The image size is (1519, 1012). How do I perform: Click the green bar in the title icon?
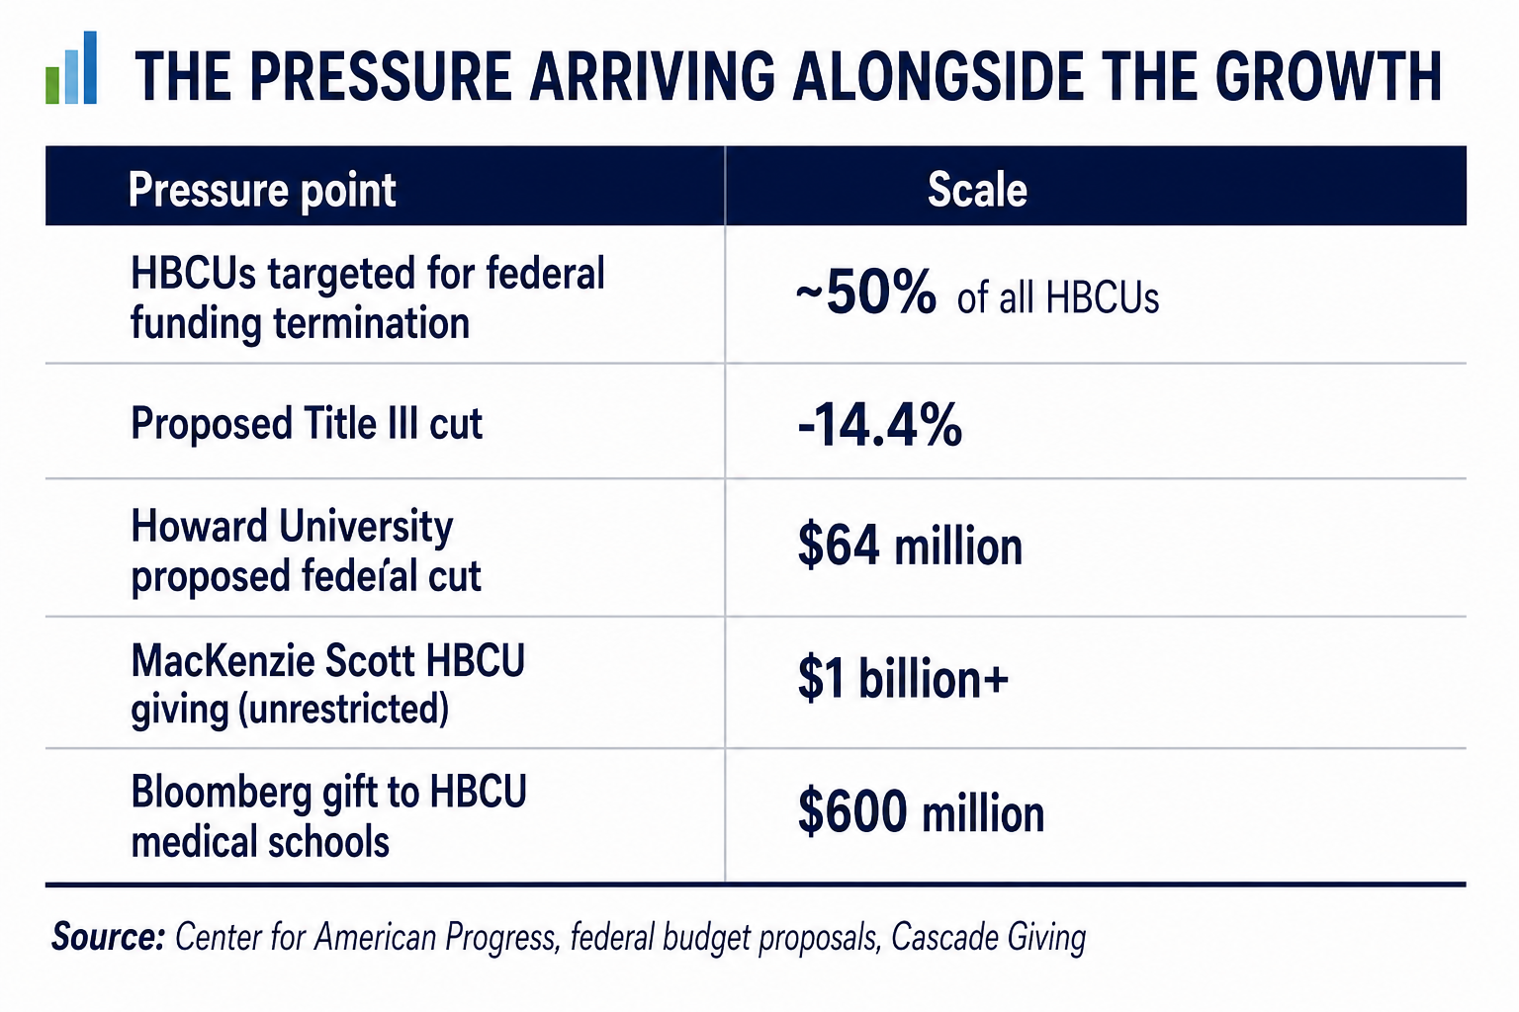[52, 85]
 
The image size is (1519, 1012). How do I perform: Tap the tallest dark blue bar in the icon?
[90, 67]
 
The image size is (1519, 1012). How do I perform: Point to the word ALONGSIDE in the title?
[938, 76]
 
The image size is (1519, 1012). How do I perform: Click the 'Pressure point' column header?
[262, 190]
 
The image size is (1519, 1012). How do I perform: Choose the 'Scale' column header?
[976, 190]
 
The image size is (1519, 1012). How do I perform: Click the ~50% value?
[865, 293]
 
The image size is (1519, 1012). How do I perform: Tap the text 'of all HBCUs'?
[1058, 297]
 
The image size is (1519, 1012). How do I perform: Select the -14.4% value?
[879, 424]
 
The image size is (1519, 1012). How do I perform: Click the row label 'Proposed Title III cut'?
[307, 423]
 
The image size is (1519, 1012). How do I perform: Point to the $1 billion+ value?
[903, 679]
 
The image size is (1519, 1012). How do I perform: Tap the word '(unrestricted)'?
[343, 709]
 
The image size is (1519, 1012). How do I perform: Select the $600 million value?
[921, 812]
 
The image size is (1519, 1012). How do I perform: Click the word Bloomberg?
[222, 793]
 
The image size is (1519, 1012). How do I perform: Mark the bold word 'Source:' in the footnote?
[108, 938]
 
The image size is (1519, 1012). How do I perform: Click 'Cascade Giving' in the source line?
[989, 939]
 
